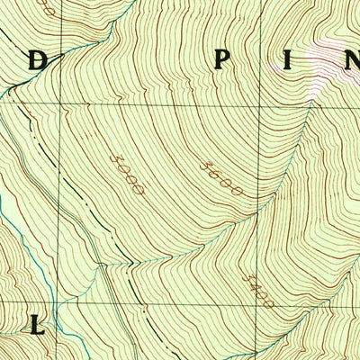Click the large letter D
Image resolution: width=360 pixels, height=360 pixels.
tap(36, 62)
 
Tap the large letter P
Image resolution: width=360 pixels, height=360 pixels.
tap(220, 61)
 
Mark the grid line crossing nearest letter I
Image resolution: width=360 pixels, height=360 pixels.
tap(265, 103)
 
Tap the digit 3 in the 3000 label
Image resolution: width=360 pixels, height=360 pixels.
tap(114, 158)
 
